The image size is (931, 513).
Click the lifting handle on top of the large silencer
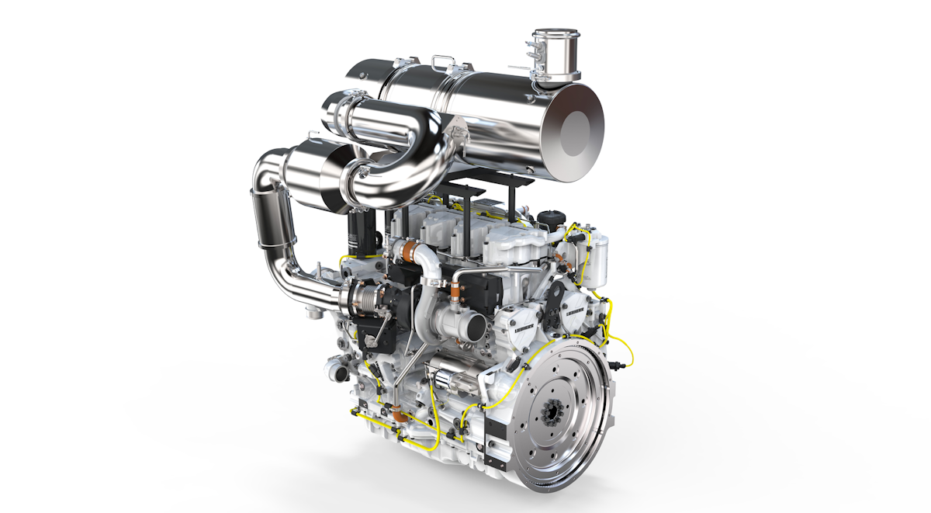coord(444,61)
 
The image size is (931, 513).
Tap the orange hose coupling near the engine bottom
coord(400,417)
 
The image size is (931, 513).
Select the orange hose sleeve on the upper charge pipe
coord(410,250)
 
